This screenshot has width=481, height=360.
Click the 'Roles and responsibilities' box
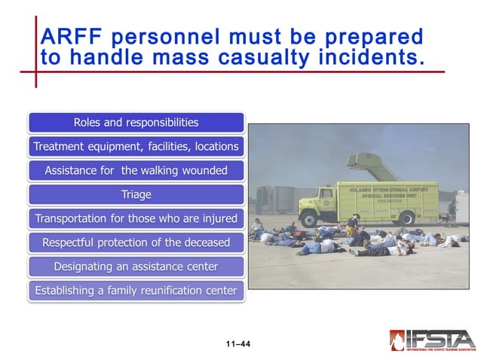pos(136,122)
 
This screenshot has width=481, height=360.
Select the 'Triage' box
pos(136,194)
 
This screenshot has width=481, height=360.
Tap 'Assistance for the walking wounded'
pos(136,170)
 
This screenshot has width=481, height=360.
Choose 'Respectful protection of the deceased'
pos(136,243)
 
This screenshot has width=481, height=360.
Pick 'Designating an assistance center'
pos(136,267)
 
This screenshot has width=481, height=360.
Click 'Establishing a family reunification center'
pos(136,291)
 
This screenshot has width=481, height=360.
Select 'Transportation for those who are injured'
pos(136,218)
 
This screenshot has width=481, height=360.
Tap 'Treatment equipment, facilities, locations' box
pos(136,146)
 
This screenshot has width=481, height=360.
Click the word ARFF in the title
pos(71,36)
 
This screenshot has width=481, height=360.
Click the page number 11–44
pos(237,344)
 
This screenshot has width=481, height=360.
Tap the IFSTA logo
pos(432,340)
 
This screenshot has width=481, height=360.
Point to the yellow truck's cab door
pos(326,203)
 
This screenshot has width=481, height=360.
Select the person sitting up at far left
pos(258,225)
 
